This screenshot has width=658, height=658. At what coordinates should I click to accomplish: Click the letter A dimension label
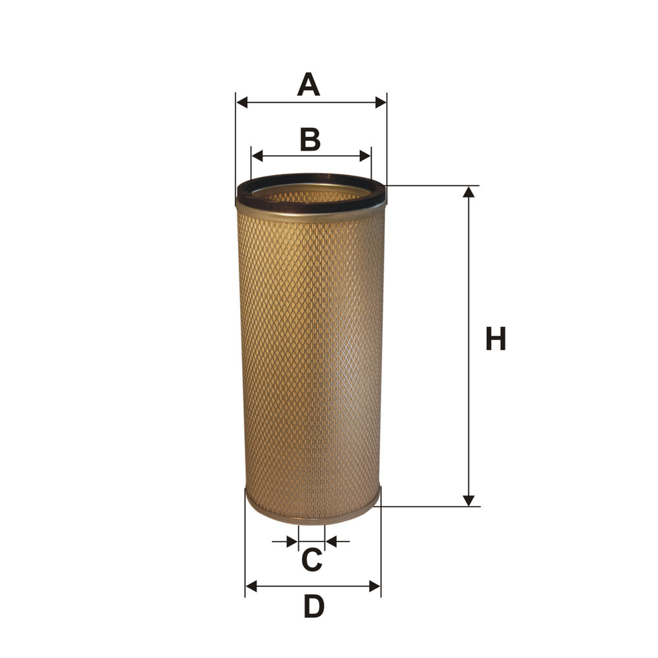[309, 84]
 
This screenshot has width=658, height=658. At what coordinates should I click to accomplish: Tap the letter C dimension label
[312, 559]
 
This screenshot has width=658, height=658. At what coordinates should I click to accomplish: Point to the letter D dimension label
[314, 607]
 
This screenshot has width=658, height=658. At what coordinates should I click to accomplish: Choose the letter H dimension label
[495, 339]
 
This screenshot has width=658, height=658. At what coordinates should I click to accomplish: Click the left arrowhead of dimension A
[242, 102]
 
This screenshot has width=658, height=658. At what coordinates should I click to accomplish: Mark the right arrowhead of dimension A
[380, 102]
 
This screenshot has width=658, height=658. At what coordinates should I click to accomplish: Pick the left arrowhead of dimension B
[257, 156]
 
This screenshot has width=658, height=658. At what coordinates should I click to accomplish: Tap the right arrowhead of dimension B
[365, 156]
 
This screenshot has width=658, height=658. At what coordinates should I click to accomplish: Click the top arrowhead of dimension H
[468, 191]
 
